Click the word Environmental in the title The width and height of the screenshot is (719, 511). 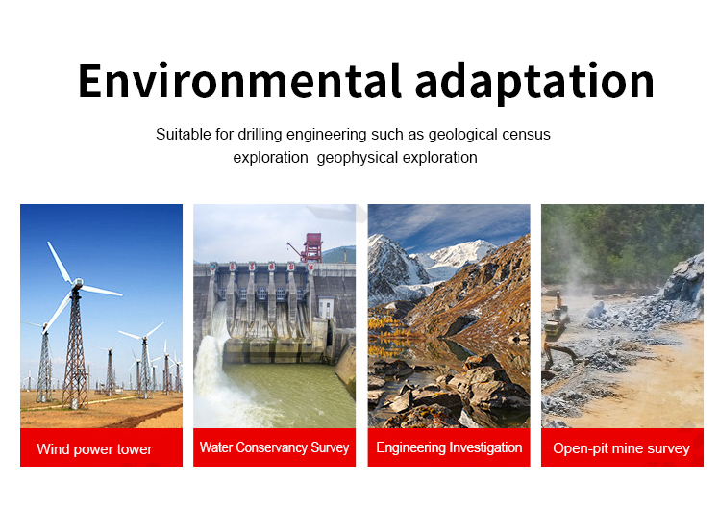tap(239, 81)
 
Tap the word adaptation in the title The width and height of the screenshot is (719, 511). tap(534, 83)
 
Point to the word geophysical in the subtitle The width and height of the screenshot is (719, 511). tap(358, 158)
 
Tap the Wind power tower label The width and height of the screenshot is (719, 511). tap(94, 449)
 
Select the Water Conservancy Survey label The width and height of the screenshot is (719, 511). tap(274, 447)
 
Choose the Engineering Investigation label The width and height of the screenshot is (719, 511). tap(449, 447)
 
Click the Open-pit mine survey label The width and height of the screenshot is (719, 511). tap(621, 448)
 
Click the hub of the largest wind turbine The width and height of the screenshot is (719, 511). tap(77, 283)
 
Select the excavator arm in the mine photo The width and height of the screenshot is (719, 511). tap(560, 352)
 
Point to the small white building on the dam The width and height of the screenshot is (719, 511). tap(326, 307)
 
